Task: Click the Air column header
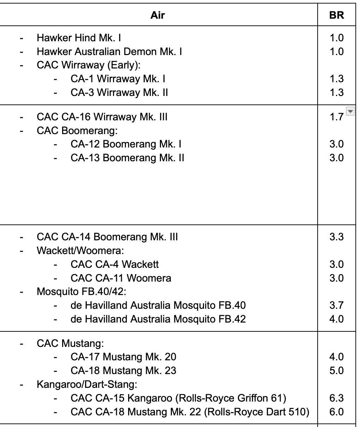pos(157,15)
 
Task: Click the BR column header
pos(336,15)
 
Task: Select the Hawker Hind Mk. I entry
pos(79,38)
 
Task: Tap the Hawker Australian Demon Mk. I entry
pos(109,52)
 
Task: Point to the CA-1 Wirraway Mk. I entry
pos(118,79)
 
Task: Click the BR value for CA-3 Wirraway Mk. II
pos(336,92)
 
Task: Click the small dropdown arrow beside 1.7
pos(350,112)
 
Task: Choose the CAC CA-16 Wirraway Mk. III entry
pos(102,117)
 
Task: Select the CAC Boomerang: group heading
pos(77,131)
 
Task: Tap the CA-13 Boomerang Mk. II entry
pos(127,158)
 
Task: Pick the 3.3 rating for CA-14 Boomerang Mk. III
pos(336,237)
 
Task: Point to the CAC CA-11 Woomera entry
pos(121,278)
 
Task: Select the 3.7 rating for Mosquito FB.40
pos(336,305)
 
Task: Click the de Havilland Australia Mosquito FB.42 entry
pos(158,319)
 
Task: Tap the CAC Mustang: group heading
pos(70,343)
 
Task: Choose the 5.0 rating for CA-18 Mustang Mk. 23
pos(336,371)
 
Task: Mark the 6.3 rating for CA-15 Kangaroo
pos(336,398)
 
